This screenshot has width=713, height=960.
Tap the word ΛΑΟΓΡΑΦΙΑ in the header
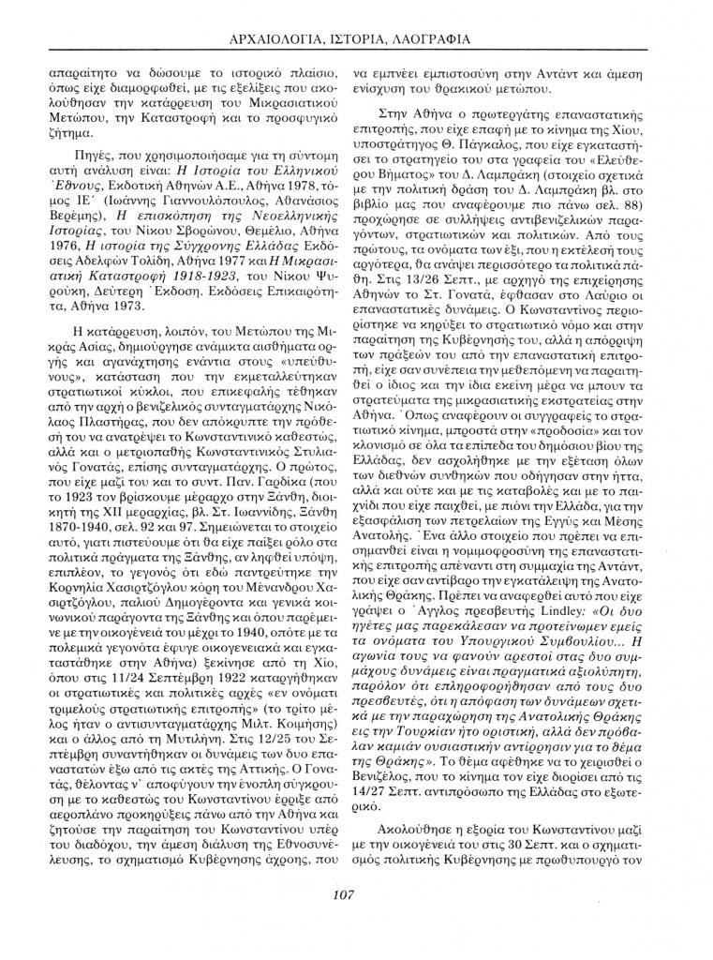(432, 38)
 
